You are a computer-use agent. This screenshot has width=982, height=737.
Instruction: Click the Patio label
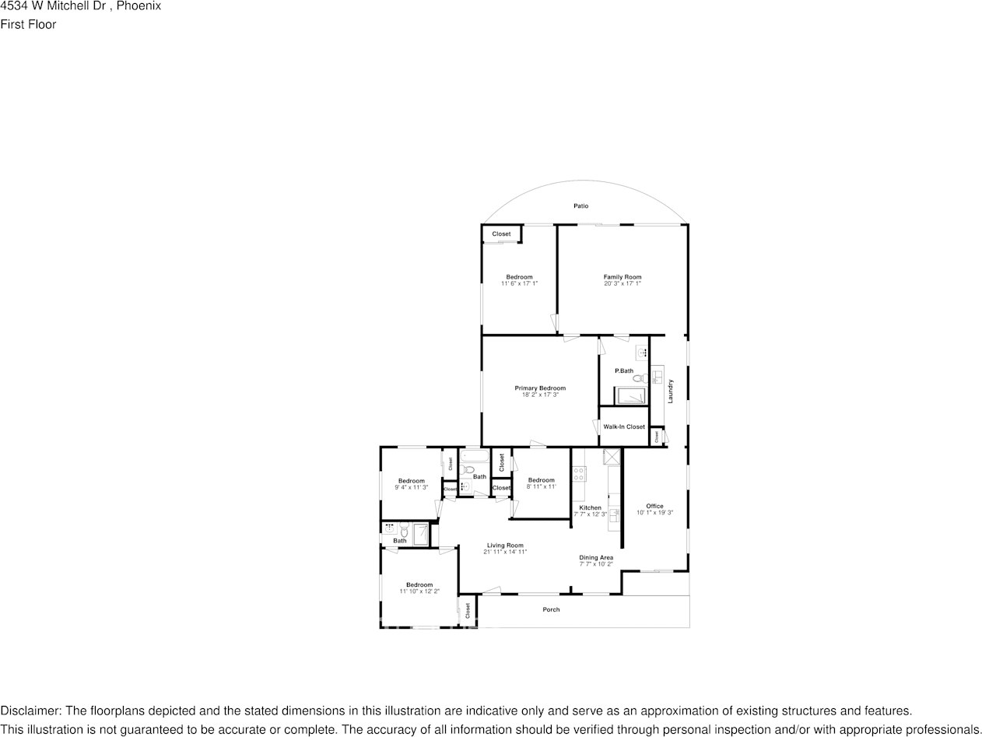(580, 206)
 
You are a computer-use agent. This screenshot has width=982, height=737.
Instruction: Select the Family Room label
(623, 277)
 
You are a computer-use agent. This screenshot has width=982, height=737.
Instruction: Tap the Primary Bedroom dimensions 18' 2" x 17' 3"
(540, 395)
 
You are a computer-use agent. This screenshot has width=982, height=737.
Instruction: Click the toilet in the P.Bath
(637, 378)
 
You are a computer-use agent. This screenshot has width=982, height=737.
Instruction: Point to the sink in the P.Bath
(643, 353)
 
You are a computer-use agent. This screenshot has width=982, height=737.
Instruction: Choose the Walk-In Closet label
(624, 426)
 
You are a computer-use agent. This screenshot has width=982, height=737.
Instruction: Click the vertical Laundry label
(670, 391)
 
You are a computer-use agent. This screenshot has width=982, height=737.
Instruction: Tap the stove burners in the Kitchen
(579, 472)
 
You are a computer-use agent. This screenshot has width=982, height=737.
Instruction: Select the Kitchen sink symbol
(613, 514)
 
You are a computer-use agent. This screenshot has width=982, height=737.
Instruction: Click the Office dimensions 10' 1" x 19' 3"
(654, 513)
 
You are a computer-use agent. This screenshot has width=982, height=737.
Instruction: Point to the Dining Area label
(596, 557)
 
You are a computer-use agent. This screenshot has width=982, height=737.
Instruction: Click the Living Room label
(505, 546)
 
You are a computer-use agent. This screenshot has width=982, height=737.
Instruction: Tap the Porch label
(551, 609)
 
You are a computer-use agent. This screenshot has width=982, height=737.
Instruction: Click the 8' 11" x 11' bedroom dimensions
(541, 486)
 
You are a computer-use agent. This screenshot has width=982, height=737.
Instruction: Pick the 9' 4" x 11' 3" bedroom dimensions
(412, 487)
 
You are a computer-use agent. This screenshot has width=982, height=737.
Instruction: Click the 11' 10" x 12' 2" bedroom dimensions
(419, 591)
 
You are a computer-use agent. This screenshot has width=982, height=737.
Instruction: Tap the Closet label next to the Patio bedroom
(501, 233)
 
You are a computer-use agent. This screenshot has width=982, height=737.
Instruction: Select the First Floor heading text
(28, 24)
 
